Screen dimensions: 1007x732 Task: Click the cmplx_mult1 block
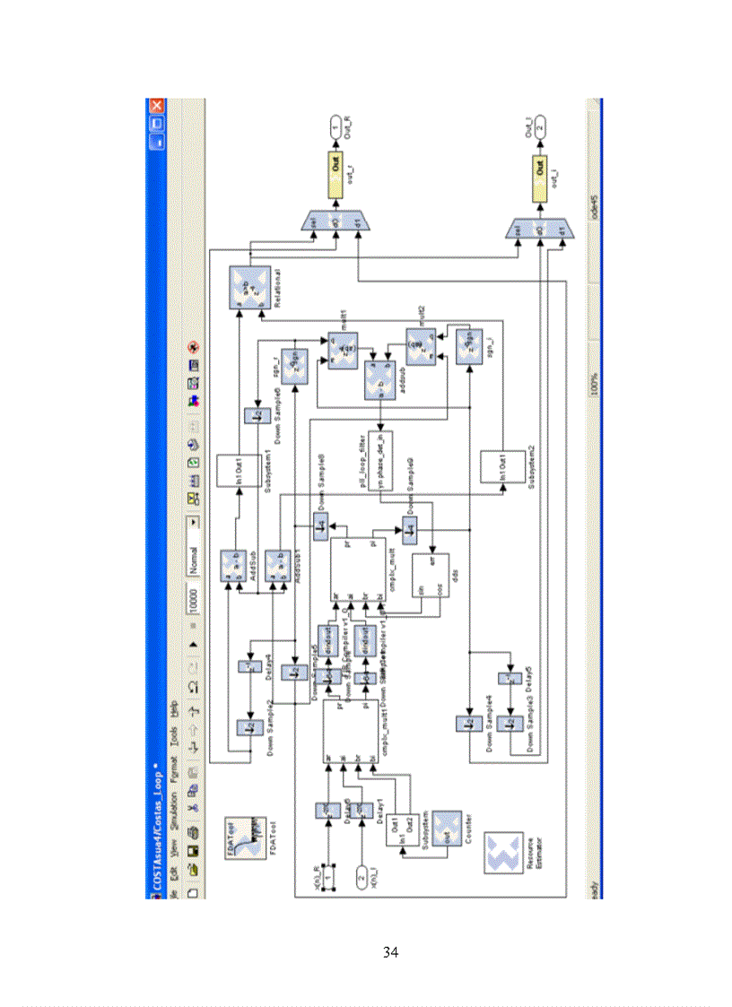tap(351, 731)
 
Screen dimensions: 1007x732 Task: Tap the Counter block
tap(446, 830)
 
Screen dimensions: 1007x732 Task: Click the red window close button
tap(155, 107)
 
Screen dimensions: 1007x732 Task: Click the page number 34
tap(390, 951)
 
